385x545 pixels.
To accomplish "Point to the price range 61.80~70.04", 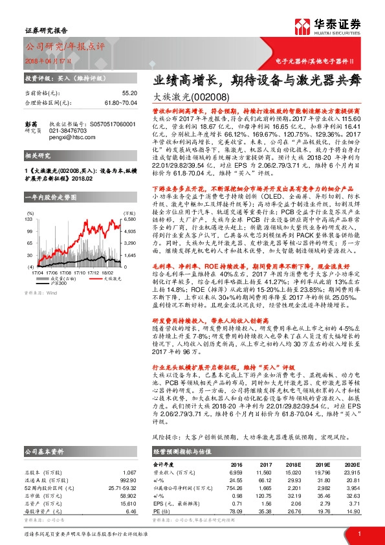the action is [x=104, y=102].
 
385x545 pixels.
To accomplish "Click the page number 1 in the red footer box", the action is [x=359, y=533].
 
